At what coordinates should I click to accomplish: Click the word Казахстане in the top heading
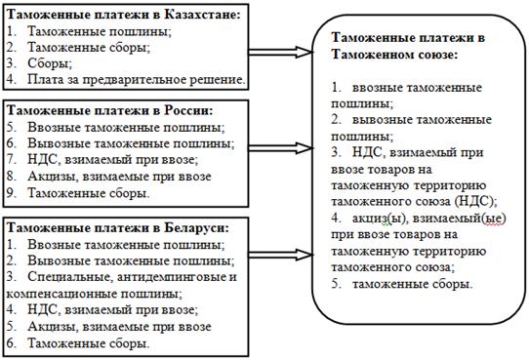coord(202,15)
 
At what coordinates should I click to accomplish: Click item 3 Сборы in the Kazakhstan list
coord(50,63)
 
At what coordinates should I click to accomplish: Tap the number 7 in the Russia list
coord(11,159)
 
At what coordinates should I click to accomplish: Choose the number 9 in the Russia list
coord(11,193)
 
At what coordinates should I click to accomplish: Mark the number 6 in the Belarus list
coord(11,343)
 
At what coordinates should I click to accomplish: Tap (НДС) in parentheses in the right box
coord(475,202)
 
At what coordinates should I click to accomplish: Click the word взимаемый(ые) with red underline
coord(460,219)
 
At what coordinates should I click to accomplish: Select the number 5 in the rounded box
coord(337,284)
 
